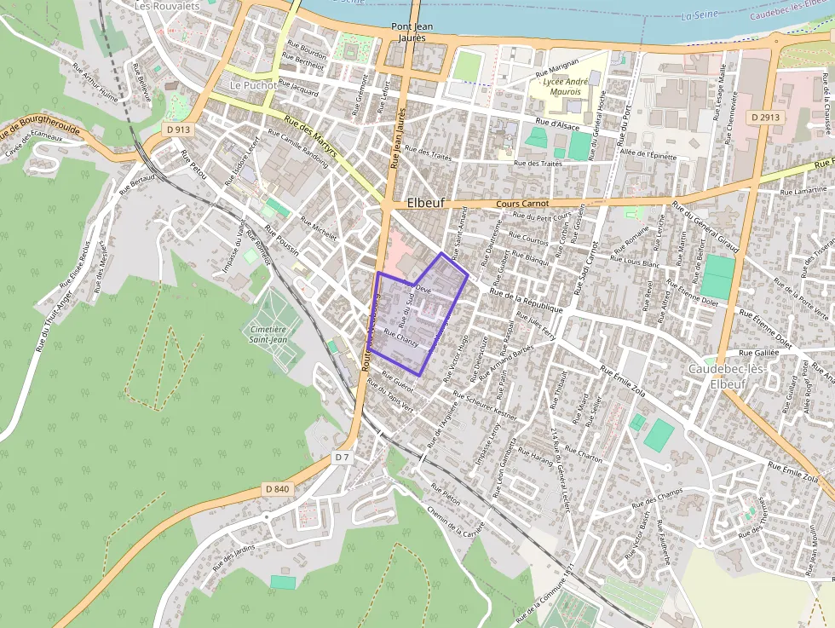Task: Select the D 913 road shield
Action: click(x=179, y=129)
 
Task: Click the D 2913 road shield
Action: click(x=766, y=117)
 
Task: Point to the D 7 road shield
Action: click(x=342, y=458)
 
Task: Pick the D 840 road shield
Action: click(x=278, y=488)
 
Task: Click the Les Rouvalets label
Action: click(x=166, y=5)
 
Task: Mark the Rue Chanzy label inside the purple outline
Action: click(x=400, y=337)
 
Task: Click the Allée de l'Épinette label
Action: click(x=648, y=155)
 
